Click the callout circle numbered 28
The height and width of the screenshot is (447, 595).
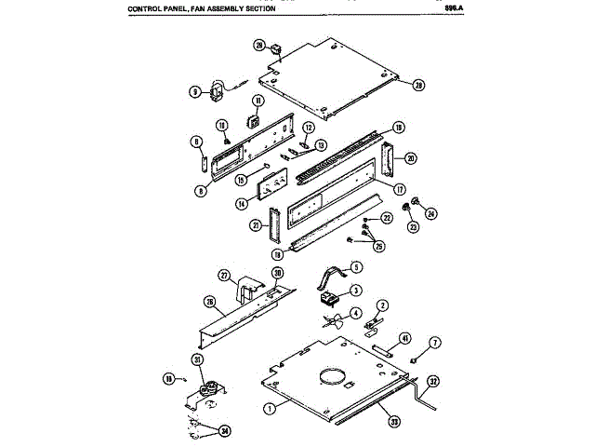click(x=259, y=45)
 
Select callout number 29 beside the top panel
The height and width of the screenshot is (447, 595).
click(x=418, y=85)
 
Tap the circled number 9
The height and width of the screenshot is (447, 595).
click(x=195, y=91)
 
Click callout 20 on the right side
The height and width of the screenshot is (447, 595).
click(x=410, y=157)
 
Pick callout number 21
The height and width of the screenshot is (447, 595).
click(x=254, y=225)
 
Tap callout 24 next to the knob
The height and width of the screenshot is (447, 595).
click(x=430, y=213)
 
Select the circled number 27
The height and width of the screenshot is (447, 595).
click(x=223, y=276)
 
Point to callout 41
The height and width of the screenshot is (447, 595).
click(x=405, y=337)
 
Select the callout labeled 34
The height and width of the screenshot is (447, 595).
click(x=223, y=430)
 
